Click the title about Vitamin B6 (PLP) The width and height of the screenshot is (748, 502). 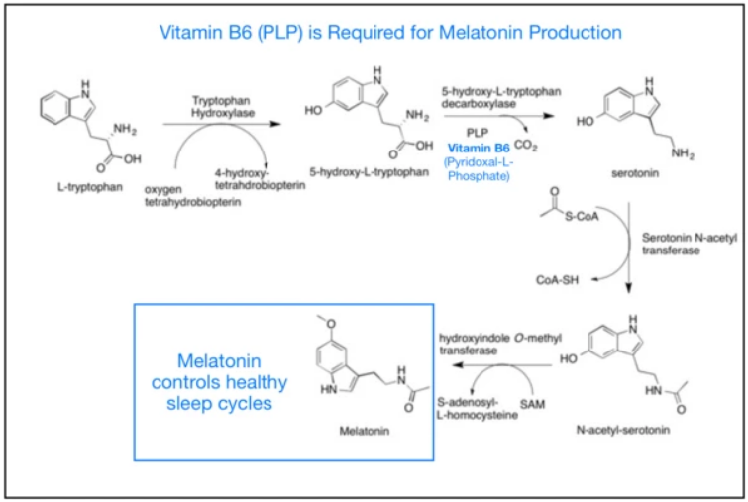374,32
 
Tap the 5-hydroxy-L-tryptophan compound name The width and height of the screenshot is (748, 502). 369,170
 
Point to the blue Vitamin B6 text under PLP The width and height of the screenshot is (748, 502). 478,148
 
